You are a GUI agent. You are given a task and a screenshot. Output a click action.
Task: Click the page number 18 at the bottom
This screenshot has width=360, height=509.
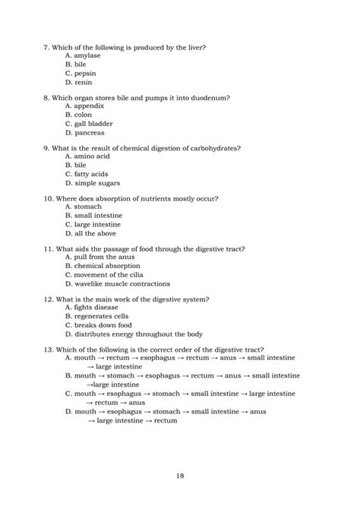coord(180,476)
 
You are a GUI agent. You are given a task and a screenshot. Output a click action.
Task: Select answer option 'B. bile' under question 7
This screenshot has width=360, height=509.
coord(76,65)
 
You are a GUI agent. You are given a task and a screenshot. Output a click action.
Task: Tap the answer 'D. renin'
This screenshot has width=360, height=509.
coord(79,82)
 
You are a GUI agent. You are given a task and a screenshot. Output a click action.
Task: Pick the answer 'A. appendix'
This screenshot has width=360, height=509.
coord(84,106)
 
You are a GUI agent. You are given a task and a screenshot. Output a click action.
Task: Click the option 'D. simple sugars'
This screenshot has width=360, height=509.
coord(92,183)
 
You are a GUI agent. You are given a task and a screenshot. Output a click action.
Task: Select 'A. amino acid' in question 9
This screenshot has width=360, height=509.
coord(87,156)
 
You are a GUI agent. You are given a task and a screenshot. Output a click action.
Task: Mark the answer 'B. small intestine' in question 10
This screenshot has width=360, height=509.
coord(93,215)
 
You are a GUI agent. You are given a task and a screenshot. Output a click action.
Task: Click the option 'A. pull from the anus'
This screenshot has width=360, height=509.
coord(99,258)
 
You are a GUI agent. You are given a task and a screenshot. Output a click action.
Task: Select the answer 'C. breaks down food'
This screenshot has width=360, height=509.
coord(97,325)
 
